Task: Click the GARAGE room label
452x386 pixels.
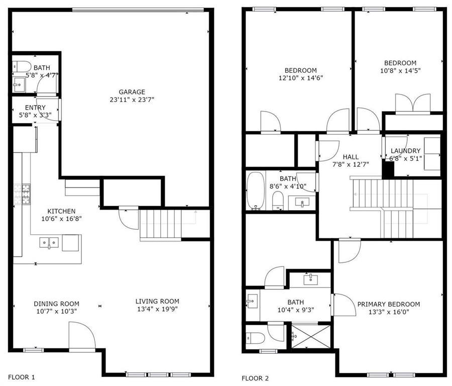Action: coord(132,92)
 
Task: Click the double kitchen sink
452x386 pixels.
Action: coord(50,244)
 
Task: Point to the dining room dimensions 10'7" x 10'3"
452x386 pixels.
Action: coord(56,311)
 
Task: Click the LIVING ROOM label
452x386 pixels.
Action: coord(157,301)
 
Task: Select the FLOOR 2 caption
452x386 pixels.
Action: coord(255,378)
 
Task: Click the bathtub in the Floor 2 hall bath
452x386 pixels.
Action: coord(256,191)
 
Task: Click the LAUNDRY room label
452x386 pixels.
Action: coord(405,151)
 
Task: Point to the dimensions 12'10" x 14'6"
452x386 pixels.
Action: coord(300,78)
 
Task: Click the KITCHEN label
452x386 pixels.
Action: coord(61,211)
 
